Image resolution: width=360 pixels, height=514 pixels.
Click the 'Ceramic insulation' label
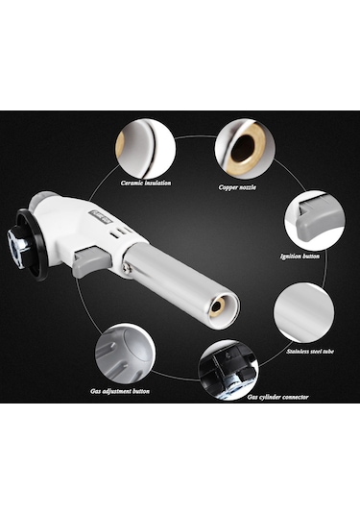146,183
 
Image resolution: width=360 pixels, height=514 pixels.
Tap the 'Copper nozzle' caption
237,187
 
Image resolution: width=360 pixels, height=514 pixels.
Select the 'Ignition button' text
300,256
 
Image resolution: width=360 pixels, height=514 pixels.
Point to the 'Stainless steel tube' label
310,352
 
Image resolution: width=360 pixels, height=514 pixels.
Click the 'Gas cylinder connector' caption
277,398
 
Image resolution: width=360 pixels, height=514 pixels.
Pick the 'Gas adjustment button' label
120,391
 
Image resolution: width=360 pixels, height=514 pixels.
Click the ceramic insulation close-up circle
146,150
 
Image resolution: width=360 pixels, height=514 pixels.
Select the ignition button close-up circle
314,220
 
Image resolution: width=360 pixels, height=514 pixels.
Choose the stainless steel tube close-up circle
303,313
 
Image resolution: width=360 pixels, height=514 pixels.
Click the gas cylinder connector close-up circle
228,370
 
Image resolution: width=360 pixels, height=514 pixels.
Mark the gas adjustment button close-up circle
125,354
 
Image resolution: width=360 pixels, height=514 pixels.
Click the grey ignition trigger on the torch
92,259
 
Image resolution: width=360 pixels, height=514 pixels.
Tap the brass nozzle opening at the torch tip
216,306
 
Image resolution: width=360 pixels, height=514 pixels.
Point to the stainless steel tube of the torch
180,280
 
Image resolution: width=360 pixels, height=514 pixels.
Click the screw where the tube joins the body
126,269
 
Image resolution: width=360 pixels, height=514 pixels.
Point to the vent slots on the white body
117,233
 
